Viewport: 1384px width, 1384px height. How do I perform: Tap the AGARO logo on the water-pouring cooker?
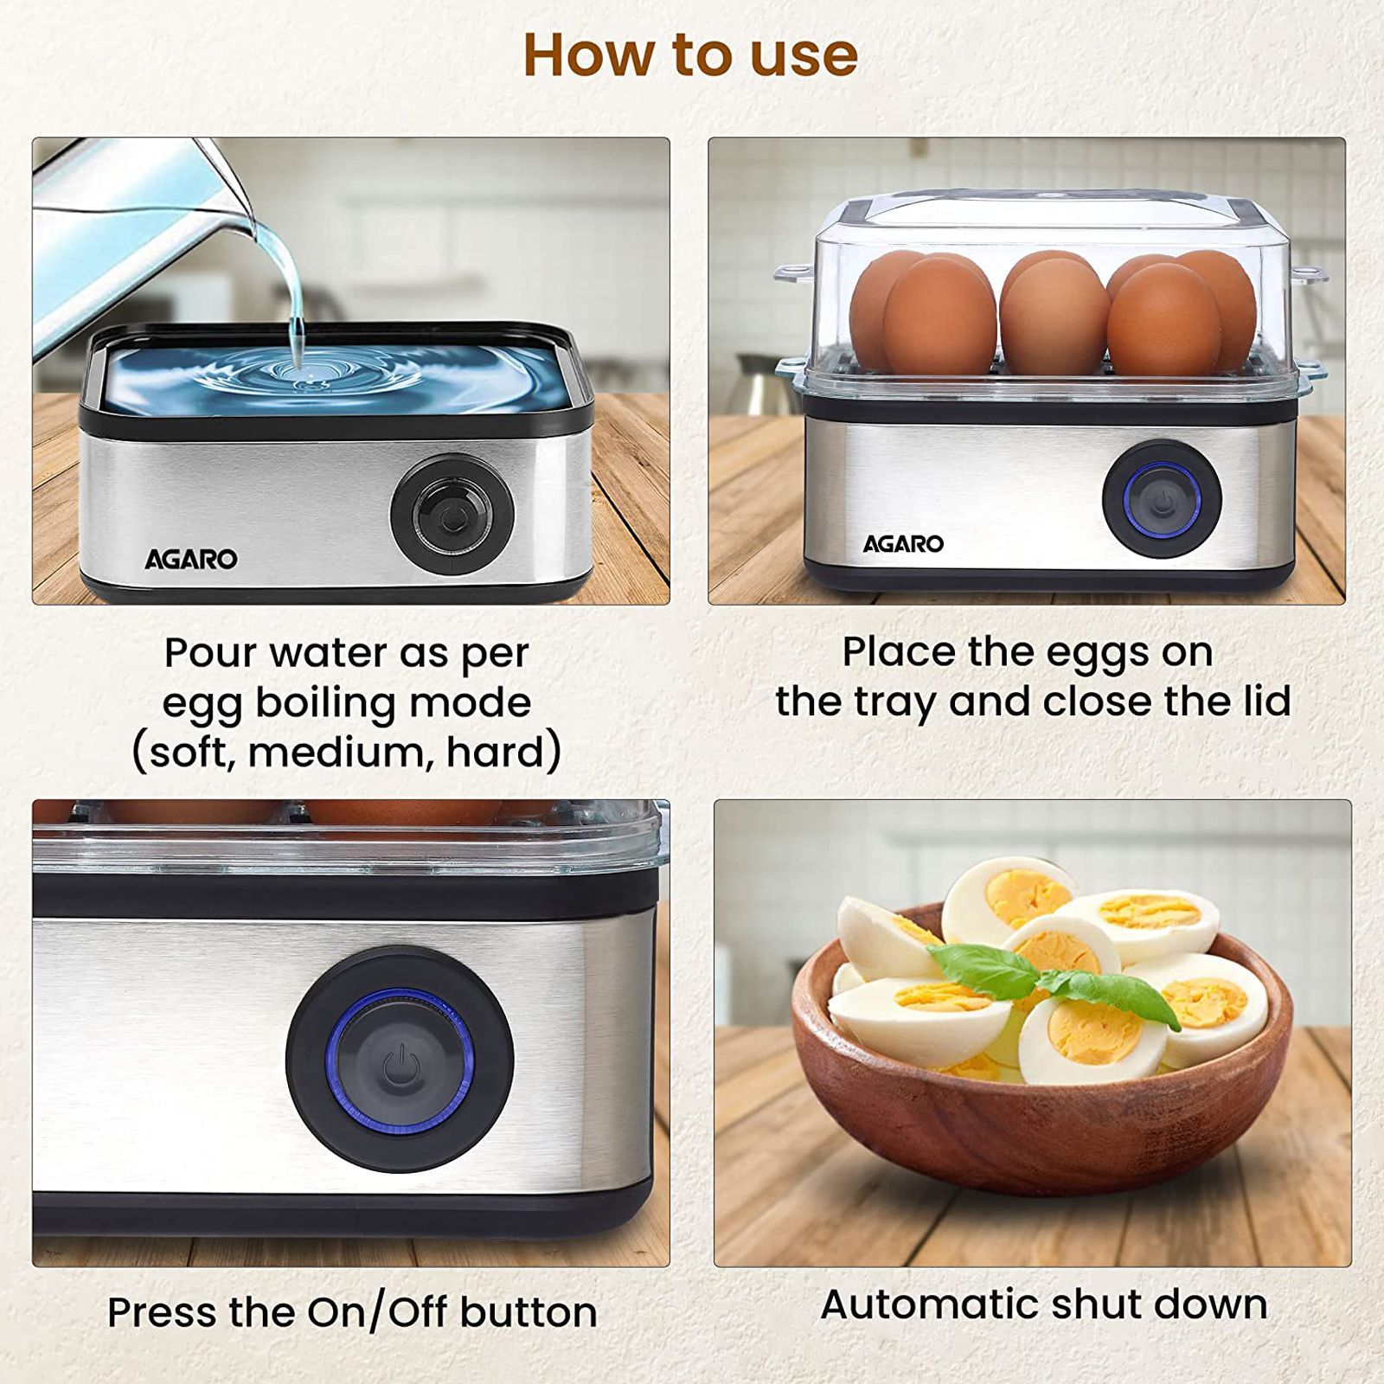point(190,560)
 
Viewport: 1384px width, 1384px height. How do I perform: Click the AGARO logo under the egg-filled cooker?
point(903,544)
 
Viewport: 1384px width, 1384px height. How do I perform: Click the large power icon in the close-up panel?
point(400,1063)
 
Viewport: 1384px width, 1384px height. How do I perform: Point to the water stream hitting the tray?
point(298,350)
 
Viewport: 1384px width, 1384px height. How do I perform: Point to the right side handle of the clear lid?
point(1308,275)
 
